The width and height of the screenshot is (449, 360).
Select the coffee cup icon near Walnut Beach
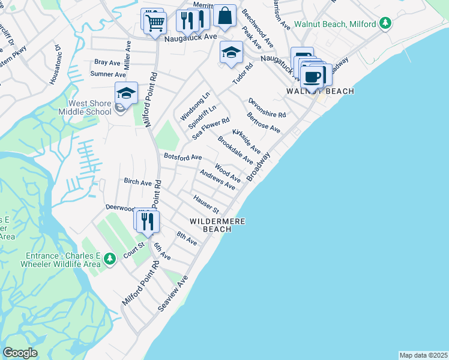pos(313,76)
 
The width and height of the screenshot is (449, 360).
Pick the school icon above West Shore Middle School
pos(127,94)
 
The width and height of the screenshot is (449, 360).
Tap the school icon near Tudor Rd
pos(231,53)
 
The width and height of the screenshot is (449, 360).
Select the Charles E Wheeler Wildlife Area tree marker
pos(109,259)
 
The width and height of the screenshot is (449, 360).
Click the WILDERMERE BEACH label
pos(210,225)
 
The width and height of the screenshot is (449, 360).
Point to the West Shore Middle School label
pos(85,107)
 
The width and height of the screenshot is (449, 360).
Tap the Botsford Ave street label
pos(182,157)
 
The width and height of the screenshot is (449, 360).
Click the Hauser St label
pos(206,204)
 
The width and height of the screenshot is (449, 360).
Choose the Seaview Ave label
pos(173,293)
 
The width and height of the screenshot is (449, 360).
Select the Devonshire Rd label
pos(267,108)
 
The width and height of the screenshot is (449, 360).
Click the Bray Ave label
pos(108,62)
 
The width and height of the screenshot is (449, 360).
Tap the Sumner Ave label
pos(108,74)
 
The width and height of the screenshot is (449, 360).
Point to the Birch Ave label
pos(137,181)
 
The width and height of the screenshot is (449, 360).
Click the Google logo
pos(20,353)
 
